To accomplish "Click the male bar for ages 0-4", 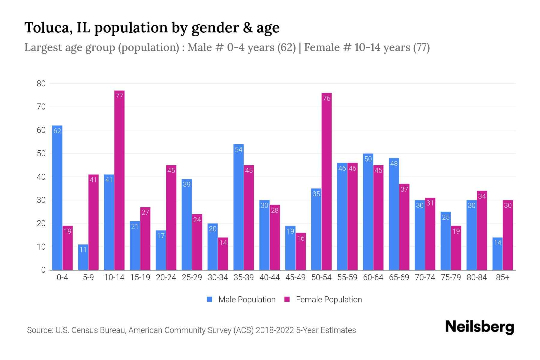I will (57, 198).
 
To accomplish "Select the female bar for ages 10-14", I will (119, 180).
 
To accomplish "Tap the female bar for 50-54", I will (326, 181).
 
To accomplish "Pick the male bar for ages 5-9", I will (83, 257).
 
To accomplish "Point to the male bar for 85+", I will (497, 254).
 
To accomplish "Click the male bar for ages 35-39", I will (238, 207).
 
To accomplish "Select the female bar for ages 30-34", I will (223, 254).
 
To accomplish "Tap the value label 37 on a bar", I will (404, 189).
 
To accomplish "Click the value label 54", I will (238, 149).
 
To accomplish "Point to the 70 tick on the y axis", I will (41, 107).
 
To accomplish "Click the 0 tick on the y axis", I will (43, 270).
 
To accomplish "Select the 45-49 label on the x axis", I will (295, 277).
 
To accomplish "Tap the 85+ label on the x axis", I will (502, 277).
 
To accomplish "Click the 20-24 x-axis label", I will (166, 277).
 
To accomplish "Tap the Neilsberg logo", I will (479, 327).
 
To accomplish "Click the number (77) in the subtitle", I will (421, 47).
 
